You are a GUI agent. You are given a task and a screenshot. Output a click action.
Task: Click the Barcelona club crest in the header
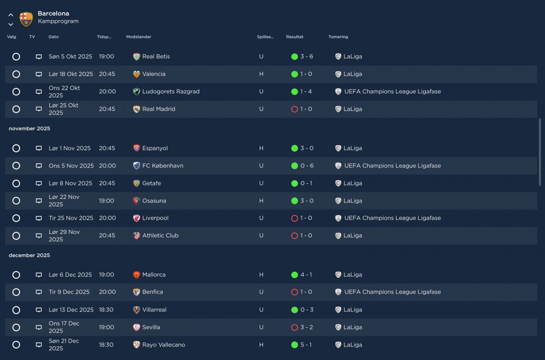[26, 19]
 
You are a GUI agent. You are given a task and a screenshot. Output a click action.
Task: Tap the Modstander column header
[139, 37]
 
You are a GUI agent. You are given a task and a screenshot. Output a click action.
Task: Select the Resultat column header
[295, 37]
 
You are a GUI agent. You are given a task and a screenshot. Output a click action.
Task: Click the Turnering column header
[338, 37]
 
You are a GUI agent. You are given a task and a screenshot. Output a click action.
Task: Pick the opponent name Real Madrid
[159, 109]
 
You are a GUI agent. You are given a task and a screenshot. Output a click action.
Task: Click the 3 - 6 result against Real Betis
[307, 57]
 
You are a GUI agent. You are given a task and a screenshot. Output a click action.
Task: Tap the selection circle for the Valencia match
[16, 74]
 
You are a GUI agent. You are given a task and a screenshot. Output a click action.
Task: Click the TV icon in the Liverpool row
[39, 218]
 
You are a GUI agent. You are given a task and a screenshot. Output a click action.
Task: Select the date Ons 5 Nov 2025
[71, 166]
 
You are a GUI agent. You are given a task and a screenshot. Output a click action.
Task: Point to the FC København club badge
[137, 166]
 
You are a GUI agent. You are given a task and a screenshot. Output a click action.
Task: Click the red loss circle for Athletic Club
[294, 236]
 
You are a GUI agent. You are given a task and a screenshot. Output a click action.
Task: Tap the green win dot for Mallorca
[294, 275]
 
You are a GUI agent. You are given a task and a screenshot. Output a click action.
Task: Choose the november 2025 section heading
[29, 129]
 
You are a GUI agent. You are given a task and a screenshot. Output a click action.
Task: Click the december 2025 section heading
[29, 255]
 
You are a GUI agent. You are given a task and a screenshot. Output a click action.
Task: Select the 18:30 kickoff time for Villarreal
[106, 310]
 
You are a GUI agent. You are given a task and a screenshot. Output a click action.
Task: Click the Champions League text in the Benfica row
[393, 292]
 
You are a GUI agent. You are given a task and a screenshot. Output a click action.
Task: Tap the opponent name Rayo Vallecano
[163, 345]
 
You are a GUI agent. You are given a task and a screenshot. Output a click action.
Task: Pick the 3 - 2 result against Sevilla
[307, 327]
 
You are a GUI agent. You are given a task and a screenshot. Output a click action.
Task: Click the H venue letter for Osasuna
[261, 201]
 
